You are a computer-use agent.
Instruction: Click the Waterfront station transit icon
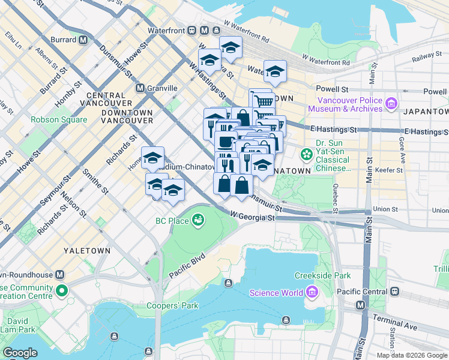191,30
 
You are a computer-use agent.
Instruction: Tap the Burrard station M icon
83,40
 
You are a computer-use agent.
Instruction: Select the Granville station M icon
140,88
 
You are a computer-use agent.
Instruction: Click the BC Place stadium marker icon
197,221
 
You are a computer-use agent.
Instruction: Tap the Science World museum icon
312,293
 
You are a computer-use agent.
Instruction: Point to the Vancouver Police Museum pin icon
391,104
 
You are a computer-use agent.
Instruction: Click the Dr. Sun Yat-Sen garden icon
307,155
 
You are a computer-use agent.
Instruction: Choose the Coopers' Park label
172,305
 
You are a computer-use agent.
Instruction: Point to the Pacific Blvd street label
187,265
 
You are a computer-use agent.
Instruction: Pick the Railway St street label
427,56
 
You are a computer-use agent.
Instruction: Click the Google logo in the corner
20,353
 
